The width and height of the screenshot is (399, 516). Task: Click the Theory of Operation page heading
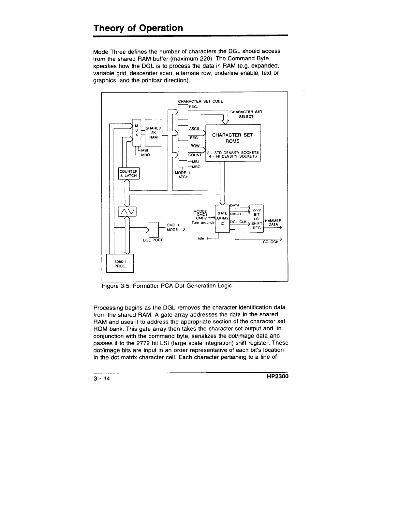coord(138,28)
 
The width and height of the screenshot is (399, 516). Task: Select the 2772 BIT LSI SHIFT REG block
coord(257,219)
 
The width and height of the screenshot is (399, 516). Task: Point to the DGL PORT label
coord(153,240)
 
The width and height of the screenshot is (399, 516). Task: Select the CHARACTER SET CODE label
coord(200,101)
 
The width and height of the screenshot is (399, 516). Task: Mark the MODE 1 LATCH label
coord(182,175)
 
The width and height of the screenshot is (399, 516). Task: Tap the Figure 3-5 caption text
coord(167,286)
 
